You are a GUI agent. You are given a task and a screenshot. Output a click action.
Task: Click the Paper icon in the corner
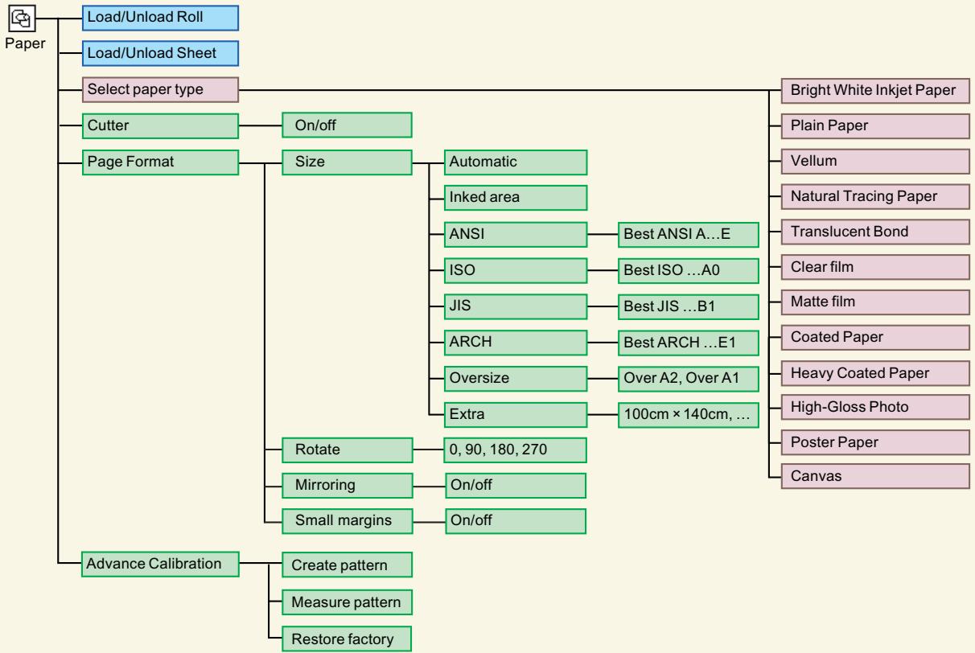click(22, 18)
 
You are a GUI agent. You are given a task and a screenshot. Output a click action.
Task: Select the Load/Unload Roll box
click(160, 18)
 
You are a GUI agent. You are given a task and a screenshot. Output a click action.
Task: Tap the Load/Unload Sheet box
click(160, 54)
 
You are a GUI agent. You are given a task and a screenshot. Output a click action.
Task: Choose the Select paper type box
click(160, 89)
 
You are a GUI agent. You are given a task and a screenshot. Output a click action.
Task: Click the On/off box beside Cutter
click(347, 125)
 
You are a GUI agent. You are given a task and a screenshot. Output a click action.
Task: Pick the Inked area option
click(516, 198)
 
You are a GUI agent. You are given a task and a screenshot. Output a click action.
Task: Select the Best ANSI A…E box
click(688, 235)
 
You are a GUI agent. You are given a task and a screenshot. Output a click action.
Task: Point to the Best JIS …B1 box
click(688, 306)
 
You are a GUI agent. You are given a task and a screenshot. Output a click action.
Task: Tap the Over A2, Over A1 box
click(688, 379)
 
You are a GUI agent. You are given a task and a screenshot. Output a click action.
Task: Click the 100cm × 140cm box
click(688, 415)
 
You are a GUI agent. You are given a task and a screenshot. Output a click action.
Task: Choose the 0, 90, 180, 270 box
click(515, 450)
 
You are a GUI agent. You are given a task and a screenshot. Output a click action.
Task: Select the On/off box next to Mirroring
click(516, 486)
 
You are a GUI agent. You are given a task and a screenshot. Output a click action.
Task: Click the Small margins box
click(348, 521)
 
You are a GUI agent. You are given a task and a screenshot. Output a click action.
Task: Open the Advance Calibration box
click(160, 565)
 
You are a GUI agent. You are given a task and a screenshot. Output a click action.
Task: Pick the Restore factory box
click(347, 639)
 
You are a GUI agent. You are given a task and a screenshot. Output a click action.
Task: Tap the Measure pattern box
click(347, 602)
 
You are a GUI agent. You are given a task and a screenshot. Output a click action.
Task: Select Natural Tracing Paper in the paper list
click(875, 197)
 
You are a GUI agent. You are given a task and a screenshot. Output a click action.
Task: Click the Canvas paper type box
click(875, 476)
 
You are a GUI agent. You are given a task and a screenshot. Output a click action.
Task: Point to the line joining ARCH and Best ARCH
click(603, 343)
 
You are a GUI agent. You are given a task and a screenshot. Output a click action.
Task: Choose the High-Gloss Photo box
click(875, 407)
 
